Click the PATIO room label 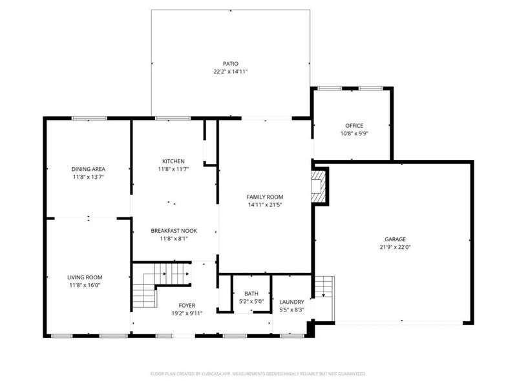click(231, 64)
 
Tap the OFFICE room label click(353, 126)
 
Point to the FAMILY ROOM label click(265, 197)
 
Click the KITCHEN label click(174, 161)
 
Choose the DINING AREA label click(88, 169)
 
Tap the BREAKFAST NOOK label click(174, 230)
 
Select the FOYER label click(187, 306)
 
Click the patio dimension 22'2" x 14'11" click(231, 72)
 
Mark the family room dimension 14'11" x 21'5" click(265, 204)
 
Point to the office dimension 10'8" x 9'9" click(353, 134)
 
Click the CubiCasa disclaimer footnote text click(258, 373)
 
